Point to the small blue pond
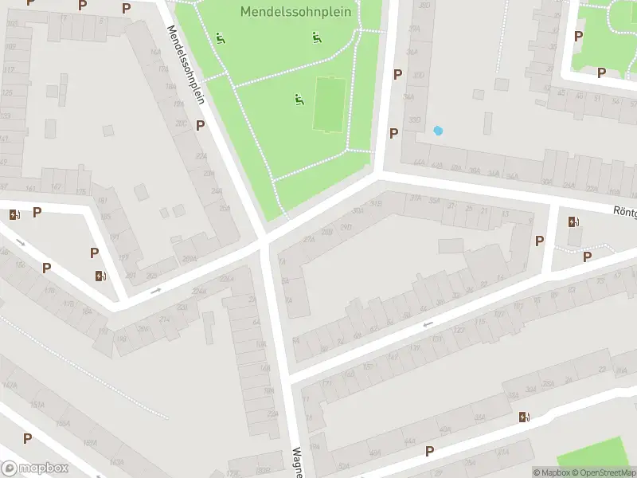[x=437, y=131]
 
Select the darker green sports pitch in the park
[x=328, y=104]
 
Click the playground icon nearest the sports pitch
[x=299, y=100]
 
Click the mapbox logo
[x=34, y=468]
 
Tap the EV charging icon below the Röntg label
[x=573, y=222]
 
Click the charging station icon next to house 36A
[x=523, y=417]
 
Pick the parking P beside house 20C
[x=201, y=126]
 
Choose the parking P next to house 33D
[x=393, y=133]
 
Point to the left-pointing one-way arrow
[x=428, y=324]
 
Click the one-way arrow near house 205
[x=155, y=290]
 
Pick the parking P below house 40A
[x=430, y=452]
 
